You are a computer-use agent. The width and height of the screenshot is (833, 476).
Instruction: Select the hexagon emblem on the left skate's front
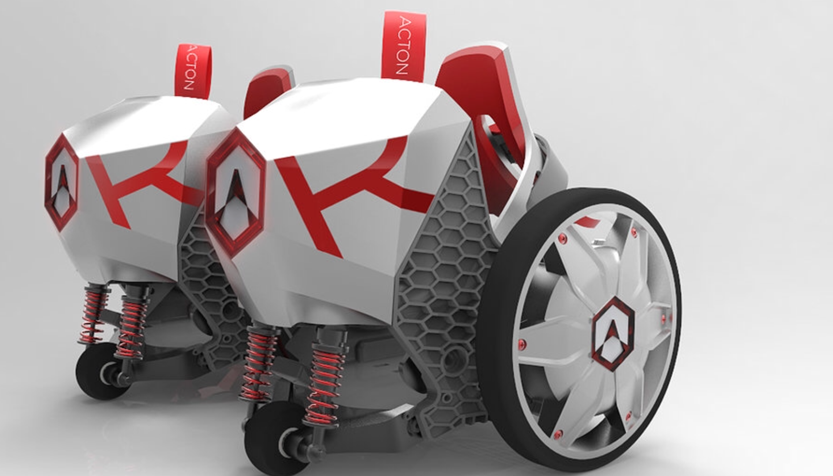pyautogui.click(x=62, y=183)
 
